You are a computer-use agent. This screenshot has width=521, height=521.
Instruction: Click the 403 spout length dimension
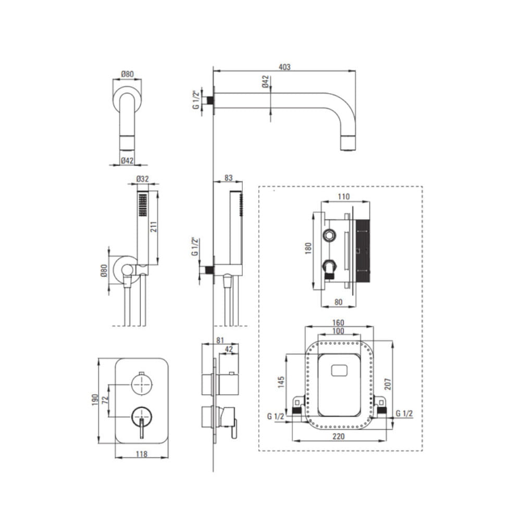pos(284,67)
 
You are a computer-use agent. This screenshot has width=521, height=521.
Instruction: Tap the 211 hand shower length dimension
pos(154,226)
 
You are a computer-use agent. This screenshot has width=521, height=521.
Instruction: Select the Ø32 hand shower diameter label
pos(143,179)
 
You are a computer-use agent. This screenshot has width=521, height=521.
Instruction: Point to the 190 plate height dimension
pos(95,400)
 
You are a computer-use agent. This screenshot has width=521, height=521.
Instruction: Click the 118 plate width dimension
pos(142,454)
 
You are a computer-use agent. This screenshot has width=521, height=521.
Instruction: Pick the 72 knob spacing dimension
pos(106,400)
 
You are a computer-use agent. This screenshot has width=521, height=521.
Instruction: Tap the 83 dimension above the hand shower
pos(229,178)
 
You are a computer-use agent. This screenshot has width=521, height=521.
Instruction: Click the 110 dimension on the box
pos(343,197)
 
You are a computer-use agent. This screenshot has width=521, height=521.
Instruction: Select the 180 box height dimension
pos(308,248)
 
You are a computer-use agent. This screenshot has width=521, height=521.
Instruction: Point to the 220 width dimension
pos(339,437)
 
